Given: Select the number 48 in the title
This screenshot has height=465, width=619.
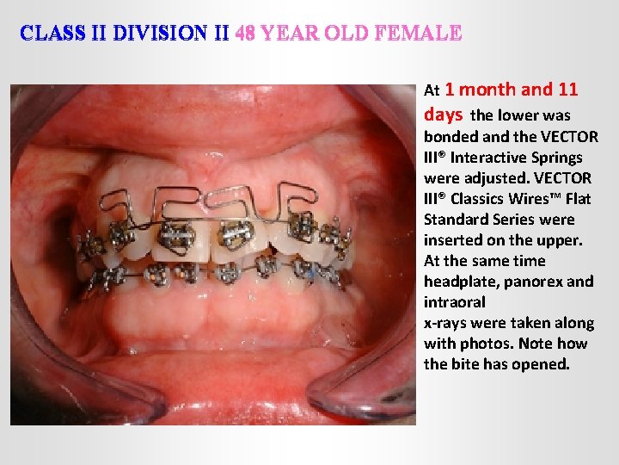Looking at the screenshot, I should pos(244,34).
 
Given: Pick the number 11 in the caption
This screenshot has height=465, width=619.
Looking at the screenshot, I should pos(568,90).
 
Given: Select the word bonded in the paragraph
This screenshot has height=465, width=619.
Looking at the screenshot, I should pos(450,137).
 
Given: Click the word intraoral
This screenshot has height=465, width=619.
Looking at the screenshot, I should pos(455,302).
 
